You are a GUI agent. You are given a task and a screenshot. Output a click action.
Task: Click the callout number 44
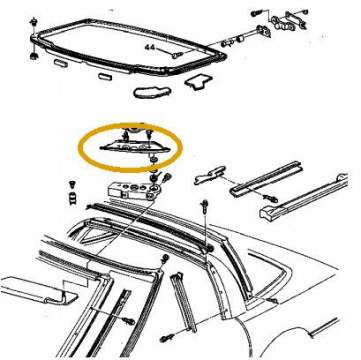(x=150, y=47)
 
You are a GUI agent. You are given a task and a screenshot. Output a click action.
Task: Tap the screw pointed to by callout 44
(x=178, y=55)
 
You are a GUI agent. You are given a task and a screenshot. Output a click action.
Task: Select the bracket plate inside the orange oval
(x=135, y=147)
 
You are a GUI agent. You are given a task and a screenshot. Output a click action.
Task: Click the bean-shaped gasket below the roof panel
(x=153, y=92)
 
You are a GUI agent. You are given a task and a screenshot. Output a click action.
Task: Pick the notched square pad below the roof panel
(x=199, y=82)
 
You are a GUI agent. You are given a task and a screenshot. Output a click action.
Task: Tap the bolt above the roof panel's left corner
(x=33, y=22)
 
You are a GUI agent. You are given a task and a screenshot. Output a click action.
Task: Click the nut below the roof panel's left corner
(x=34, y=56)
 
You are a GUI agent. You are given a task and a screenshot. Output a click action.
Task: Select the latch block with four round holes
(x=133, y=192)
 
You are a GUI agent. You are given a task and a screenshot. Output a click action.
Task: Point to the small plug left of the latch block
(x=71, y=184)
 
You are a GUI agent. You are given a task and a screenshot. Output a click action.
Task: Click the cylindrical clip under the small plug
(x=72, y=198)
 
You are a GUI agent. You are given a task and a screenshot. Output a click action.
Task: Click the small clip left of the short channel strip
(x=209, y=174)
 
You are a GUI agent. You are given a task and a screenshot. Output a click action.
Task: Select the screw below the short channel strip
(x=270, y=199)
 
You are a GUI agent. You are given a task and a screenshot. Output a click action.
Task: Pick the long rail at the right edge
(x=304, y=197)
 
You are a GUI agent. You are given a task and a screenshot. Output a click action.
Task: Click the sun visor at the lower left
(x=38, y=289)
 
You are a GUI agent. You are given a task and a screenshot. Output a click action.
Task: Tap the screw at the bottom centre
(x=166, y=338)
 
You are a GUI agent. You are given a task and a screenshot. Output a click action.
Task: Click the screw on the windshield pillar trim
(x=129, y=322)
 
